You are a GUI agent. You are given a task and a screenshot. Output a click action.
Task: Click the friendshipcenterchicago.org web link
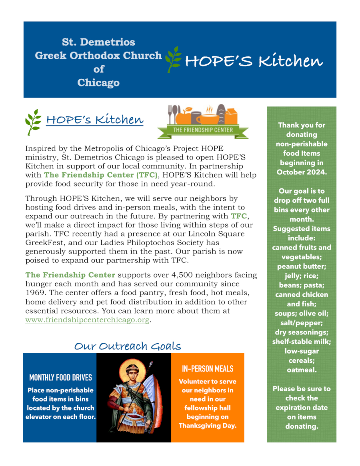coord(87,320)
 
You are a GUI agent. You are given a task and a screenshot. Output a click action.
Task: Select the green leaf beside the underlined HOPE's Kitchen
coord(34,122)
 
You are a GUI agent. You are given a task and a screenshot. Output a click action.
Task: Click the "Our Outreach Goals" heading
coord(128,346)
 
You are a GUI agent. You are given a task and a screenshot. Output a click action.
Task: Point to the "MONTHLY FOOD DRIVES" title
coord(60,378)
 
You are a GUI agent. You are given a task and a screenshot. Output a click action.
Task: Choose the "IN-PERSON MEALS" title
coord(208,369)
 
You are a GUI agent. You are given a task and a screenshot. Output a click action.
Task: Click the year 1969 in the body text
coord(35,293)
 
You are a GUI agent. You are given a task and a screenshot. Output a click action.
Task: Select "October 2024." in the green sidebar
coord(302,172)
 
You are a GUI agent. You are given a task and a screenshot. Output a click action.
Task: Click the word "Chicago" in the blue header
coord(98,83)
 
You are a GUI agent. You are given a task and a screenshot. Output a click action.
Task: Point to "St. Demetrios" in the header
coord(98,42)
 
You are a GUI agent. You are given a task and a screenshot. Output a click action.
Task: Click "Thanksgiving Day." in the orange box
coord(208,426)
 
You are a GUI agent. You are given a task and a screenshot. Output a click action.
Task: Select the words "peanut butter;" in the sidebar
coord(302,266)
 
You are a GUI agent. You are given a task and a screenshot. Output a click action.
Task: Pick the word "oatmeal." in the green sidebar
coord(302,370)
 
